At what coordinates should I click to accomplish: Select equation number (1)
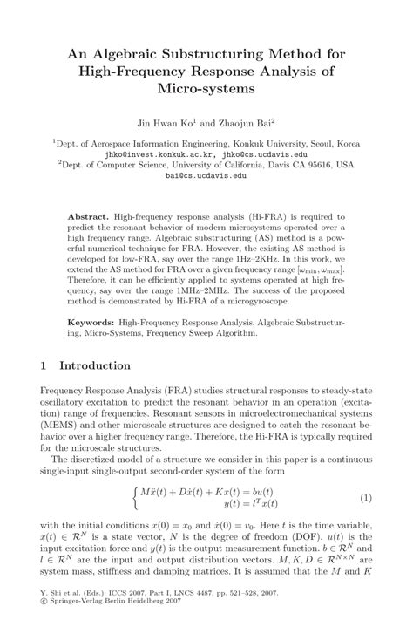coord(366,497)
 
